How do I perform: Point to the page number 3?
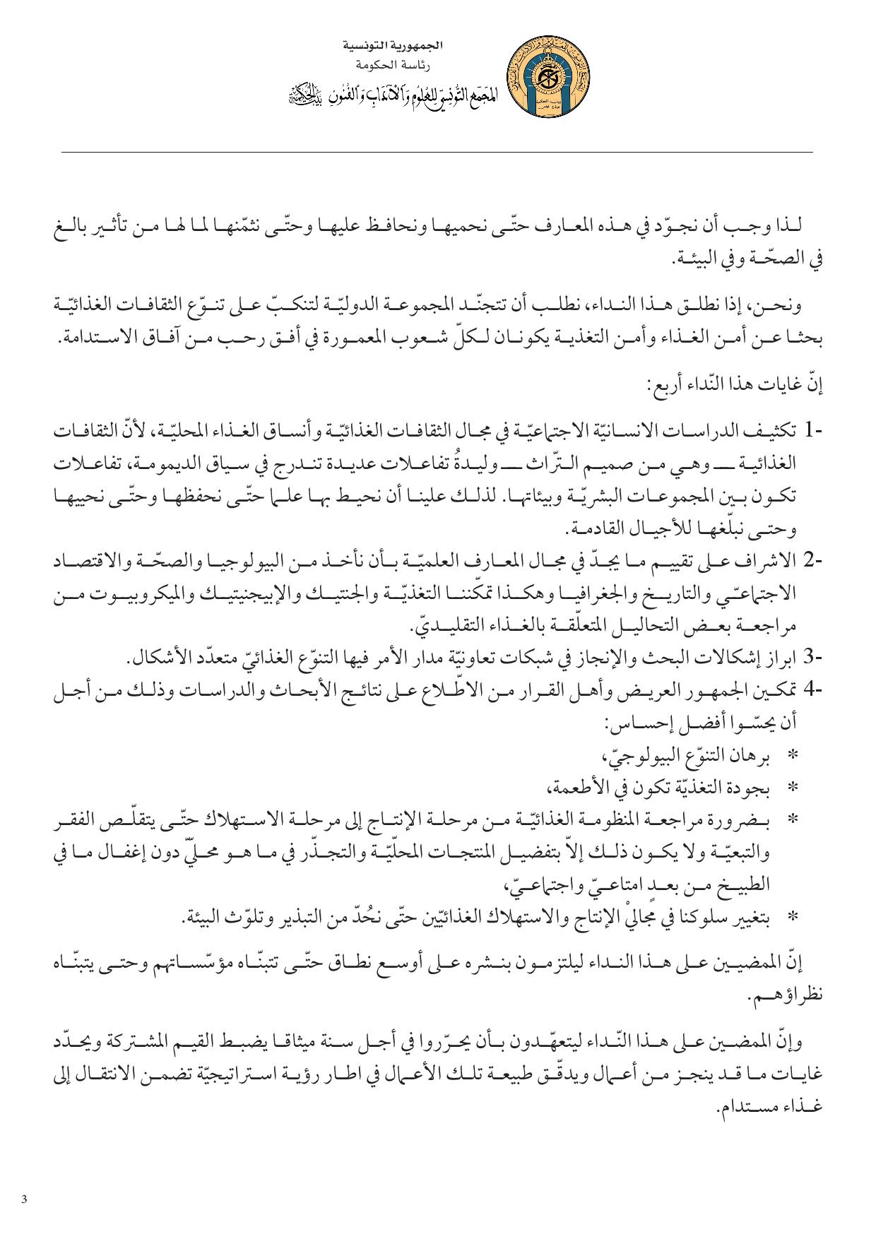[x=25, y=1199]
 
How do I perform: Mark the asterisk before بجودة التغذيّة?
[x=793, y=787]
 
